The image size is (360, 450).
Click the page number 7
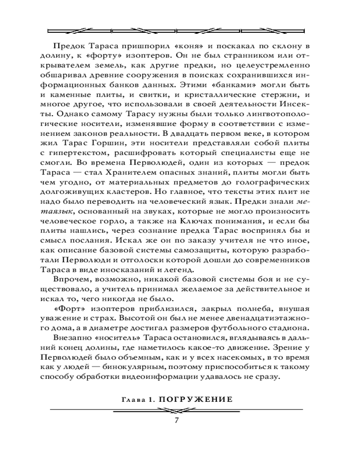pyautogui.click(x=177, y=421)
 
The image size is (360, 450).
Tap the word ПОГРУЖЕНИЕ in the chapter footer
pyautogui.click(x=203, y=399)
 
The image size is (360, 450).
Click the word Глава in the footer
pyautogui.click(x=134, y=399)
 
